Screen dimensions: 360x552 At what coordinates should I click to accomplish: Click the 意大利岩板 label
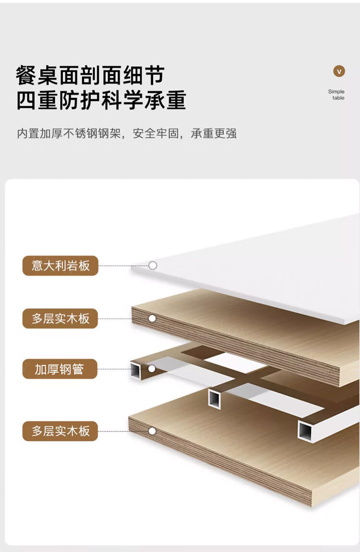[60, 266]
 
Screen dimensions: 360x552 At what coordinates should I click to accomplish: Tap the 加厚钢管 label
[60, 369]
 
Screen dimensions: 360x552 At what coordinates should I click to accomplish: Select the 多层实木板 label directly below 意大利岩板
[60, 318]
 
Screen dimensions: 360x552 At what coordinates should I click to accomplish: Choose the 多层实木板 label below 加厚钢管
[60, 431]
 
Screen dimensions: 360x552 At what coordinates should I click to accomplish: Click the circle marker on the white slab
[153, 265]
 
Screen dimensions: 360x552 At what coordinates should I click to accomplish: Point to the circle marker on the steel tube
[152, 369]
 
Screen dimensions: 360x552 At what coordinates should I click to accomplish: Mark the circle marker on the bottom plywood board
[152, 431]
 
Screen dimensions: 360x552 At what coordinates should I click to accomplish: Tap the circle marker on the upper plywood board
[152, 318]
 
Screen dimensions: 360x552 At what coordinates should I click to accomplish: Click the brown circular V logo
[339, 71]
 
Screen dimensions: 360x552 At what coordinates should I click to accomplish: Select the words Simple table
[337, 94]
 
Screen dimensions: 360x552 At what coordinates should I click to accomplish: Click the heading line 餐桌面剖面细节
[90, 76]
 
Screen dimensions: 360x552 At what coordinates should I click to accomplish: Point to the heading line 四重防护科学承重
[101, 101]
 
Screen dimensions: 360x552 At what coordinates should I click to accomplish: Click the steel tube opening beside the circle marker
[135, 371]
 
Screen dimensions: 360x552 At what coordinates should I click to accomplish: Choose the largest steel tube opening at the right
[305, 431]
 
